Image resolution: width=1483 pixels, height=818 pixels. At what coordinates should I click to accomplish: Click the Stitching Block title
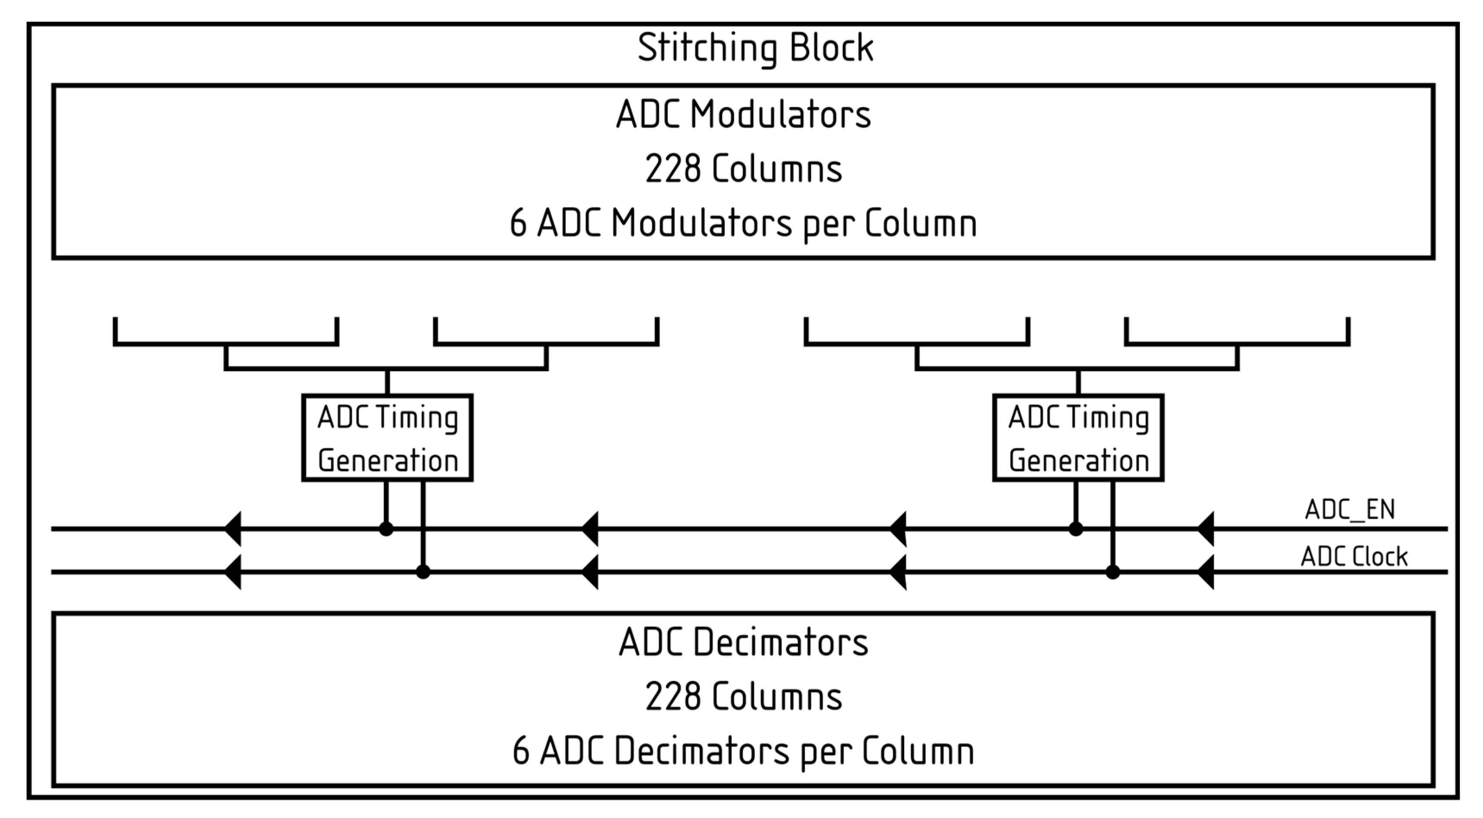(x=755, y=48)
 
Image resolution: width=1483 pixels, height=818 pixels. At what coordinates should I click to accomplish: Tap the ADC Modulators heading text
(x=743, y=115)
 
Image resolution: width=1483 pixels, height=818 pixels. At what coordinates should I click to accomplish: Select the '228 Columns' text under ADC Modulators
(x=743, y=169)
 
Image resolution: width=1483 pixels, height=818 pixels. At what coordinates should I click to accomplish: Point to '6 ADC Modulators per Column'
(x=743, y=224)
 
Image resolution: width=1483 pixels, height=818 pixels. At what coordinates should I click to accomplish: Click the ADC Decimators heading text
(x=743, y=642)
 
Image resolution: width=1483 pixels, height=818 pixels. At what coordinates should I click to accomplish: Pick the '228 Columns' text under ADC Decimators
(x=743, y=696)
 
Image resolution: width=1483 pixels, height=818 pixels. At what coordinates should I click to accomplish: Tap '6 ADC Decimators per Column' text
(x=743, y=751)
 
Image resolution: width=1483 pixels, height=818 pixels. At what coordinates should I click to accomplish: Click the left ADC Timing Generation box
(x=387, y=437)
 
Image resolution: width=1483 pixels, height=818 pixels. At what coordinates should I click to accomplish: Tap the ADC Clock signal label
(x=1354, y=557)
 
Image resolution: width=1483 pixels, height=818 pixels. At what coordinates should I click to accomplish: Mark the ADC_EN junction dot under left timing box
(x=386, y=529)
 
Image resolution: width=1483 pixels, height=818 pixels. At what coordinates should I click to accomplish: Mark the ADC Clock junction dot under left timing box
(x=423, y=572)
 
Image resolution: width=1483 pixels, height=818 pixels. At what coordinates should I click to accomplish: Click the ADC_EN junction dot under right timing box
(x=1075, y=529)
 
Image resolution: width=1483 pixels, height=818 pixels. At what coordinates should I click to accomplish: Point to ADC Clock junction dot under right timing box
(x=1113, y=572)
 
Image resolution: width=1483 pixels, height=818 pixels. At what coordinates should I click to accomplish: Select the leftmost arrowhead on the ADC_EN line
(x=233, y=529)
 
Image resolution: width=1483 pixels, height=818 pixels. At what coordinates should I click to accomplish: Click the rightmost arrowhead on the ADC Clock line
(x=1206, y=572)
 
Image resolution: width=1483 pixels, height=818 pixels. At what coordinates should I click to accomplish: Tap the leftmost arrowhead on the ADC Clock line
(x=233, y=572)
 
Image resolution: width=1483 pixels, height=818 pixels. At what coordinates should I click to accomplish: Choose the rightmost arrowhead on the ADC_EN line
(x=1206, y=529)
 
